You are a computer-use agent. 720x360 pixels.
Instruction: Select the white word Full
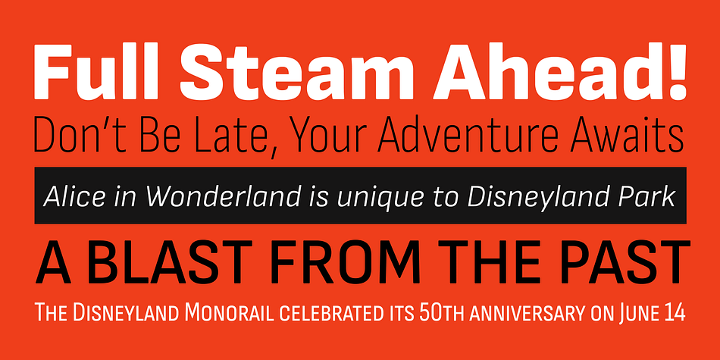click(99, 71)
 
